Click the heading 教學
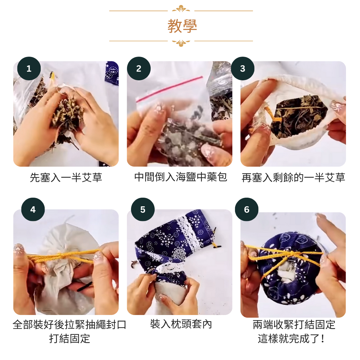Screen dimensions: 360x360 (x=182, y=26)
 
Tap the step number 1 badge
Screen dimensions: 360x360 (x=29, y=68)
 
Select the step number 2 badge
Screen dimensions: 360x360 (x=139, y=68)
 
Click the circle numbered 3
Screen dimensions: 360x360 (x=243, y=68)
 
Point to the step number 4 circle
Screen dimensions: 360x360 (x=33, y=209)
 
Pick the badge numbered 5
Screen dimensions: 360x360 (x=143, y=209)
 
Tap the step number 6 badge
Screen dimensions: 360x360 (x=247, y=209)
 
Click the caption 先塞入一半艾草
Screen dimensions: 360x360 (x=66, y=177)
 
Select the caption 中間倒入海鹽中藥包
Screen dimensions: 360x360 (x=181, y=177)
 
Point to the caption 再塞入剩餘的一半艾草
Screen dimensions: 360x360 (x=293, y=177)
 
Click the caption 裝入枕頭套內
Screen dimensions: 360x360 (x=181, y=324)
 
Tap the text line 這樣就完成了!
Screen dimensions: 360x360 (x=291, y=338)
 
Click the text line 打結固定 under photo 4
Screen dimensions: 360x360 (x=69, y=338)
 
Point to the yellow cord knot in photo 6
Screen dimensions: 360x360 (x=291, y=253)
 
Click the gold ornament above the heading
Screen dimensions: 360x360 (x=181, y=8)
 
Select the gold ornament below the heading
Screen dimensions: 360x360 (x=181, y=43)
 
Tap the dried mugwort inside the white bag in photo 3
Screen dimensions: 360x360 (x=298, y=116)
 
